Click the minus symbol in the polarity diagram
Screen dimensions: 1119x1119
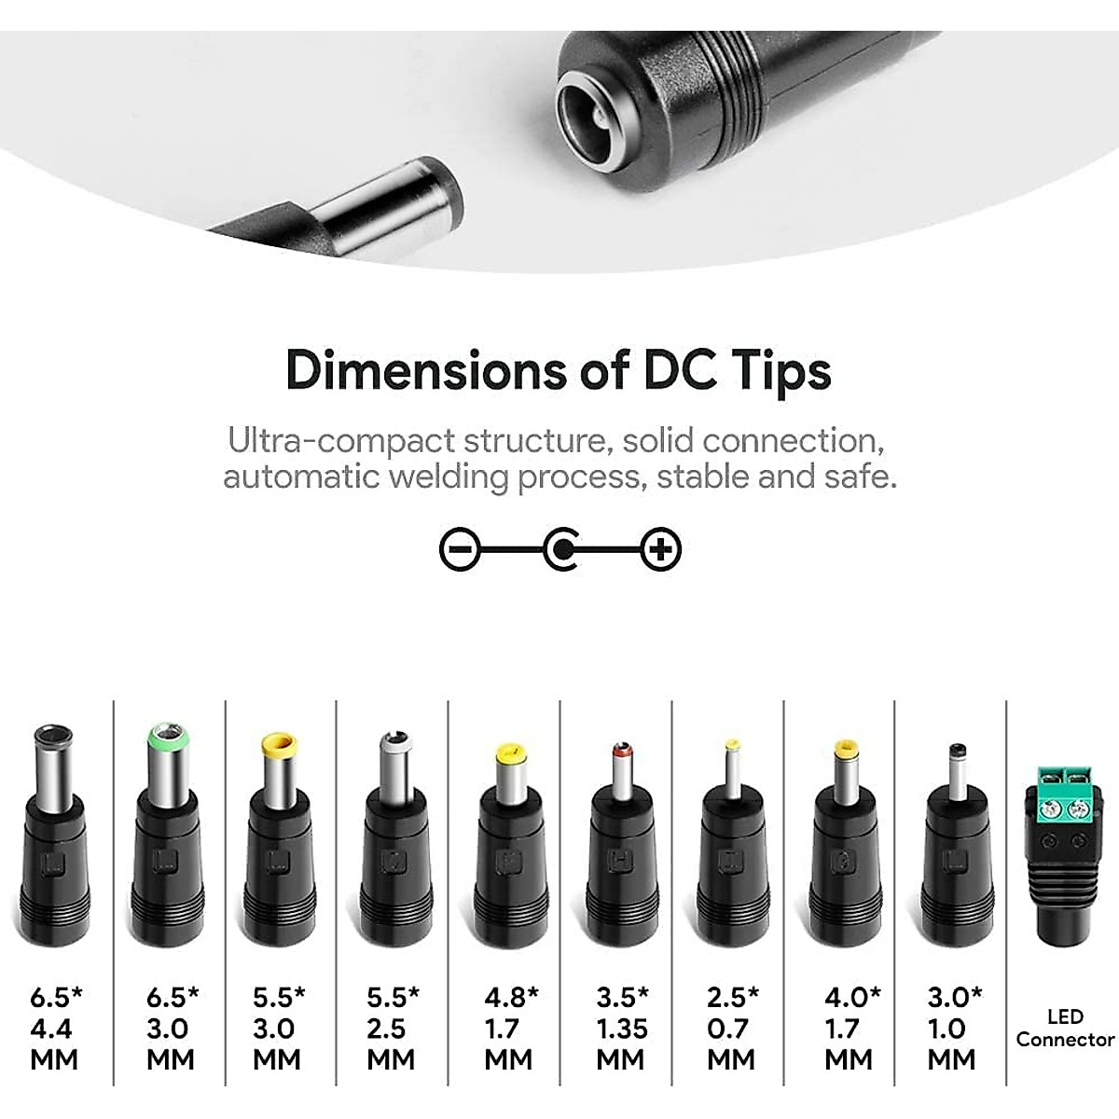(x=460, y=549)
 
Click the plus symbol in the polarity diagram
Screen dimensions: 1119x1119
(x=661, y=549)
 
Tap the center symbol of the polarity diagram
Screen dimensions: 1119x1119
(x=561, y=549)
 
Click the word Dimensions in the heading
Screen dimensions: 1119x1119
(x=423, y=370)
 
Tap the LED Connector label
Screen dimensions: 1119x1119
(x=1065, y=1028)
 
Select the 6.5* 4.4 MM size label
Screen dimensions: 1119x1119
(x=55, y=1029)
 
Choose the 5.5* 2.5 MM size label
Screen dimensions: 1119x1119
(x=392, y=1029)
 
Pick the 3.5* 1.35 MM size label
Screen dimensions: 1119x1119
(x=622, y=1029)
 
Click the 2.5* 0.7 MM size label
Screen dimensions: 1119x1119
(x=732, y=1029)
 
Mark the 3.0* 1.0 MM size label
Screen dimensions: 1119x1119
(x=953, y=1029)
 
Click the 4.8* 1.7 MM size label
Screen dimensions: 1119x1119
(x=510, y=1029)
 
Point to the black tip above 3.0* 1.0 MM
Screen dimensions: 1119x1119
(x=956, y=750)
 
